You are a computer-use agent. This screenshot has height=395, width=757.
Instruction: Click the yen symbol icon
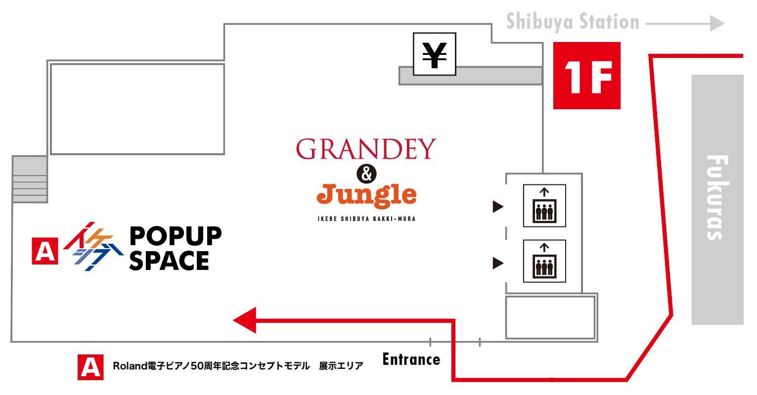pyautogui.click(x=434, y=54)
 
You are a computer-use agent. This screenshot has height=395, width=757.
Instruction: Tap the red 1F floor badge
pyautogui.click(x=586, y=76)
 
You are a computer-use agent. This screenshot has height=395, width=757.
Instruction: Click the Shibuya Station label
pyautogui.click(x=573, y=22)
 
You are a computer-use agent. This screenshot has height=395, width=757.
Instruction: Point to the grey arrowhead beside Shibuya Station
pyautogui.click(x=717, y=23)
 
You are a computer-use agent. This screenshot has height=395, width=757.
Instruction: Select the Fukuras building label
pyautogui.click(x=717, y=198)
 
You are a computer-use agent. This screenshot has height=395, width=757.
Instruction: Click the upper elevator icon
pyautogui.click(x=544, y=206)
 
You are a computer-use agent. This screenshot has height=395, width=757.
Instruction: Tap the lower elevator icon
pyautogui.click(x=544, y=261)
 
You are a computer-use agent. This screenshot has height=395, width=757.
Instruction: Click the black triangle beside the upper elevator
pyautogui.click(x=497, y=207)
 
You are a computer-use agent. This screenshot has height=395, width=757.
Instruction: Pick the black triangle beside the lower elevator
pyautogui.click(x=497, y=263)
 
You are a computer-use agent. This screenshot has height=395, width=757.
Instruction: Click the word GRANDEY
pyautogui.click(x=366, y=149)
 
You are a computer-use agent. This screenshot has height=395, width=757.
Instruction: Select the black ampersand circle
pyautogui.click(x=366, y=174)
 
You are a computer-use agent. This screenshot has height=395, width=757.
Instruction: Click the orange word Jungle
pyautogui.click(x=366, y=195)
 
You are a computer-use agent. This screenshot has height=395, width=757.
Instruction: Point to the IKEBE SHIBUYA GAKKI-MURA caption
pyautogui.click(x=366, y=219)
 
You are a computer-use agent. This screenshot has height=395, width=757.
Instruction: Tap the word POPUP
pyautogui.click(x=175, y=236)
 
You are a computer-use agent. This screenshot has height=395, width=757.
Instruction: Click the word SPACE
pyautogui.click(x=169, y=261)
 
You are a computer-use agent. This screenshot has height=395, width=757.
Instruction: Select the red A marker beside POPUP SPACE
pyautogui.click(x=45, y=251)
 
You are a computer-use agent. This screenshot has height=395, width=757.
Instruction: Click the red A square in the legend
pyautogui.click(x=90, y=367)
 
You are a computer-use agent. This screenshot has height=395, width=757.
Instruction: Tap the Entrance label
pyautogui.click(x=411, y=359)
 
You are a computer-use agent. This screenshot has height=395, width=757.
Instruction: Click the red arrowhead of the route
pyautogui.click(x=245, y=320)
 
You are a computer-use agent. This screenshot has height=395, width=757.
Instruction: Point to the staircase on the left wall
pyautogui.click(x=30, y=179)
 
